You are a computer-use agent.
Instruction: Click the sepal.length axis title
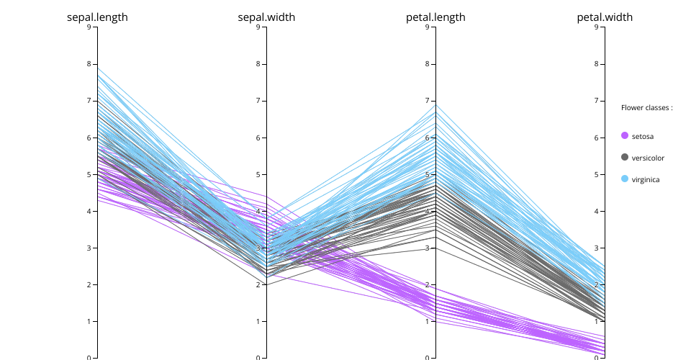tap(97, 17)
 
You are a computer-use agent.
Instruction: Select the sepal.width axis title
tap(266, 17)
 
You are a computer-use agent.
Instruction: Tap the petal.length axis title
tap(435, 17)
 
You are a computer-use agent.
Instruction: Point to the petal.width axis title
tap(605, 17)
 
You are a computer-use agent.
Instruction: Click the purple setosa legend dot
tap(625, 135)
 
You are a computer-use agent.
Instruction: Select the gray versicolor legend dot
tap(625, 157)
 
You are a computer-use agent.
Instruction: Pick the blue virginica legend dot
tap(625, 179)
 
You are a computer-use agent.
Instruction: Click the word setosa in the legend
tap(643, 136)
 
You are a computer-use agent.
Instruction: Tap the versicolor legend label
tap(648, 158)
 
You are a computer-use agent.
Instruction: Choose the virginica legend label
tap(646, 179)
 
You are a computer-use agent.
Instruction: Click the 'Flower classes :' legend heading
tap(646, 108)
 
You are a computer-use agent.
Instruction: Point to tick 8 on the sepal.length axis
tap(89, 64)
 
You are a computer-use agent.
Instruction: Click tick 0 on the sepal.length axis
tap(89, 358)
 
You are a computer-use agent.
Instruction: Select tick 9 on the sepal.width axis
tap(258, 27)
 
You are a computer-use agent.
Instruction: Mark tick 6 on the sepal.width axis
tap(258, 138)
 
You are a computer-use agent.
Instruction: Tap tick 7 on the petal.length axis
tap(428, 101)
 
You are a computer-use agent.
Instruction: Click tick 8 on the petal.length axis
tap(428, 64)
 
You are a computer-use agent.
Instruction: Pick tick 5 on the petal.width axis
tap(597, 174)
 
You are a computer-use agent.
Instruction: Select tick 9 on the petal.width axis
tap(597, 27)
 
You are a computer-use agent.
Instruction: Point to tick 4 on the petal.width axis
tap(597, 211)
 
